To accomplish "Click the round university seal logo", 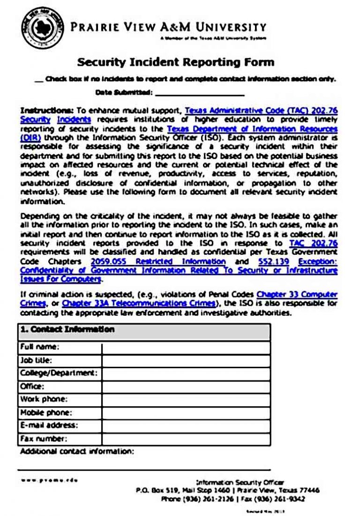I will [43, 28].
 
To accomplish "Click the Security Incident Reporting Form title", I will [175, 62].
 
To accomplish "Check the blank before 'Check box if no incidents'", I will [39, 80].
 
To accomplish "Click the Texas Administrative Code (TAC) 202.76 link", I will [261, 111].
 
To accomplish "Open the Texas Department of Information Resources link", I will [252, 129].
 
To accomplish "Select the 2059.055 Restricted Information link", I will [158, 261].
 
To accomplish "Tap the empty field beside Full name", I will [186, 348].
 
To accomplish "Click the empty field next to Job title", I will [186, 361].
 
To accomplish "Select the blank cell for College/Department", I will [186, 374].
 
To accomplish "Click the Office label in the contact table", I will [32, 387].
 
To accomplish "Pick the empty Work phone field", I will [186, 400].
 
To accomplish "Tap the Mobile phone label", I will [45, 413].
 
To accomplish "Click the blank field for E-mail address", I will [186, 426].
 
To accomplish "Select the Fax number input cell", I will [186, 439].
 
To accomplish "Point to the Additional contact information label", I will [77, 451].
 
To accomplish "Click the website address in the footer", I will [49, 480].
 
